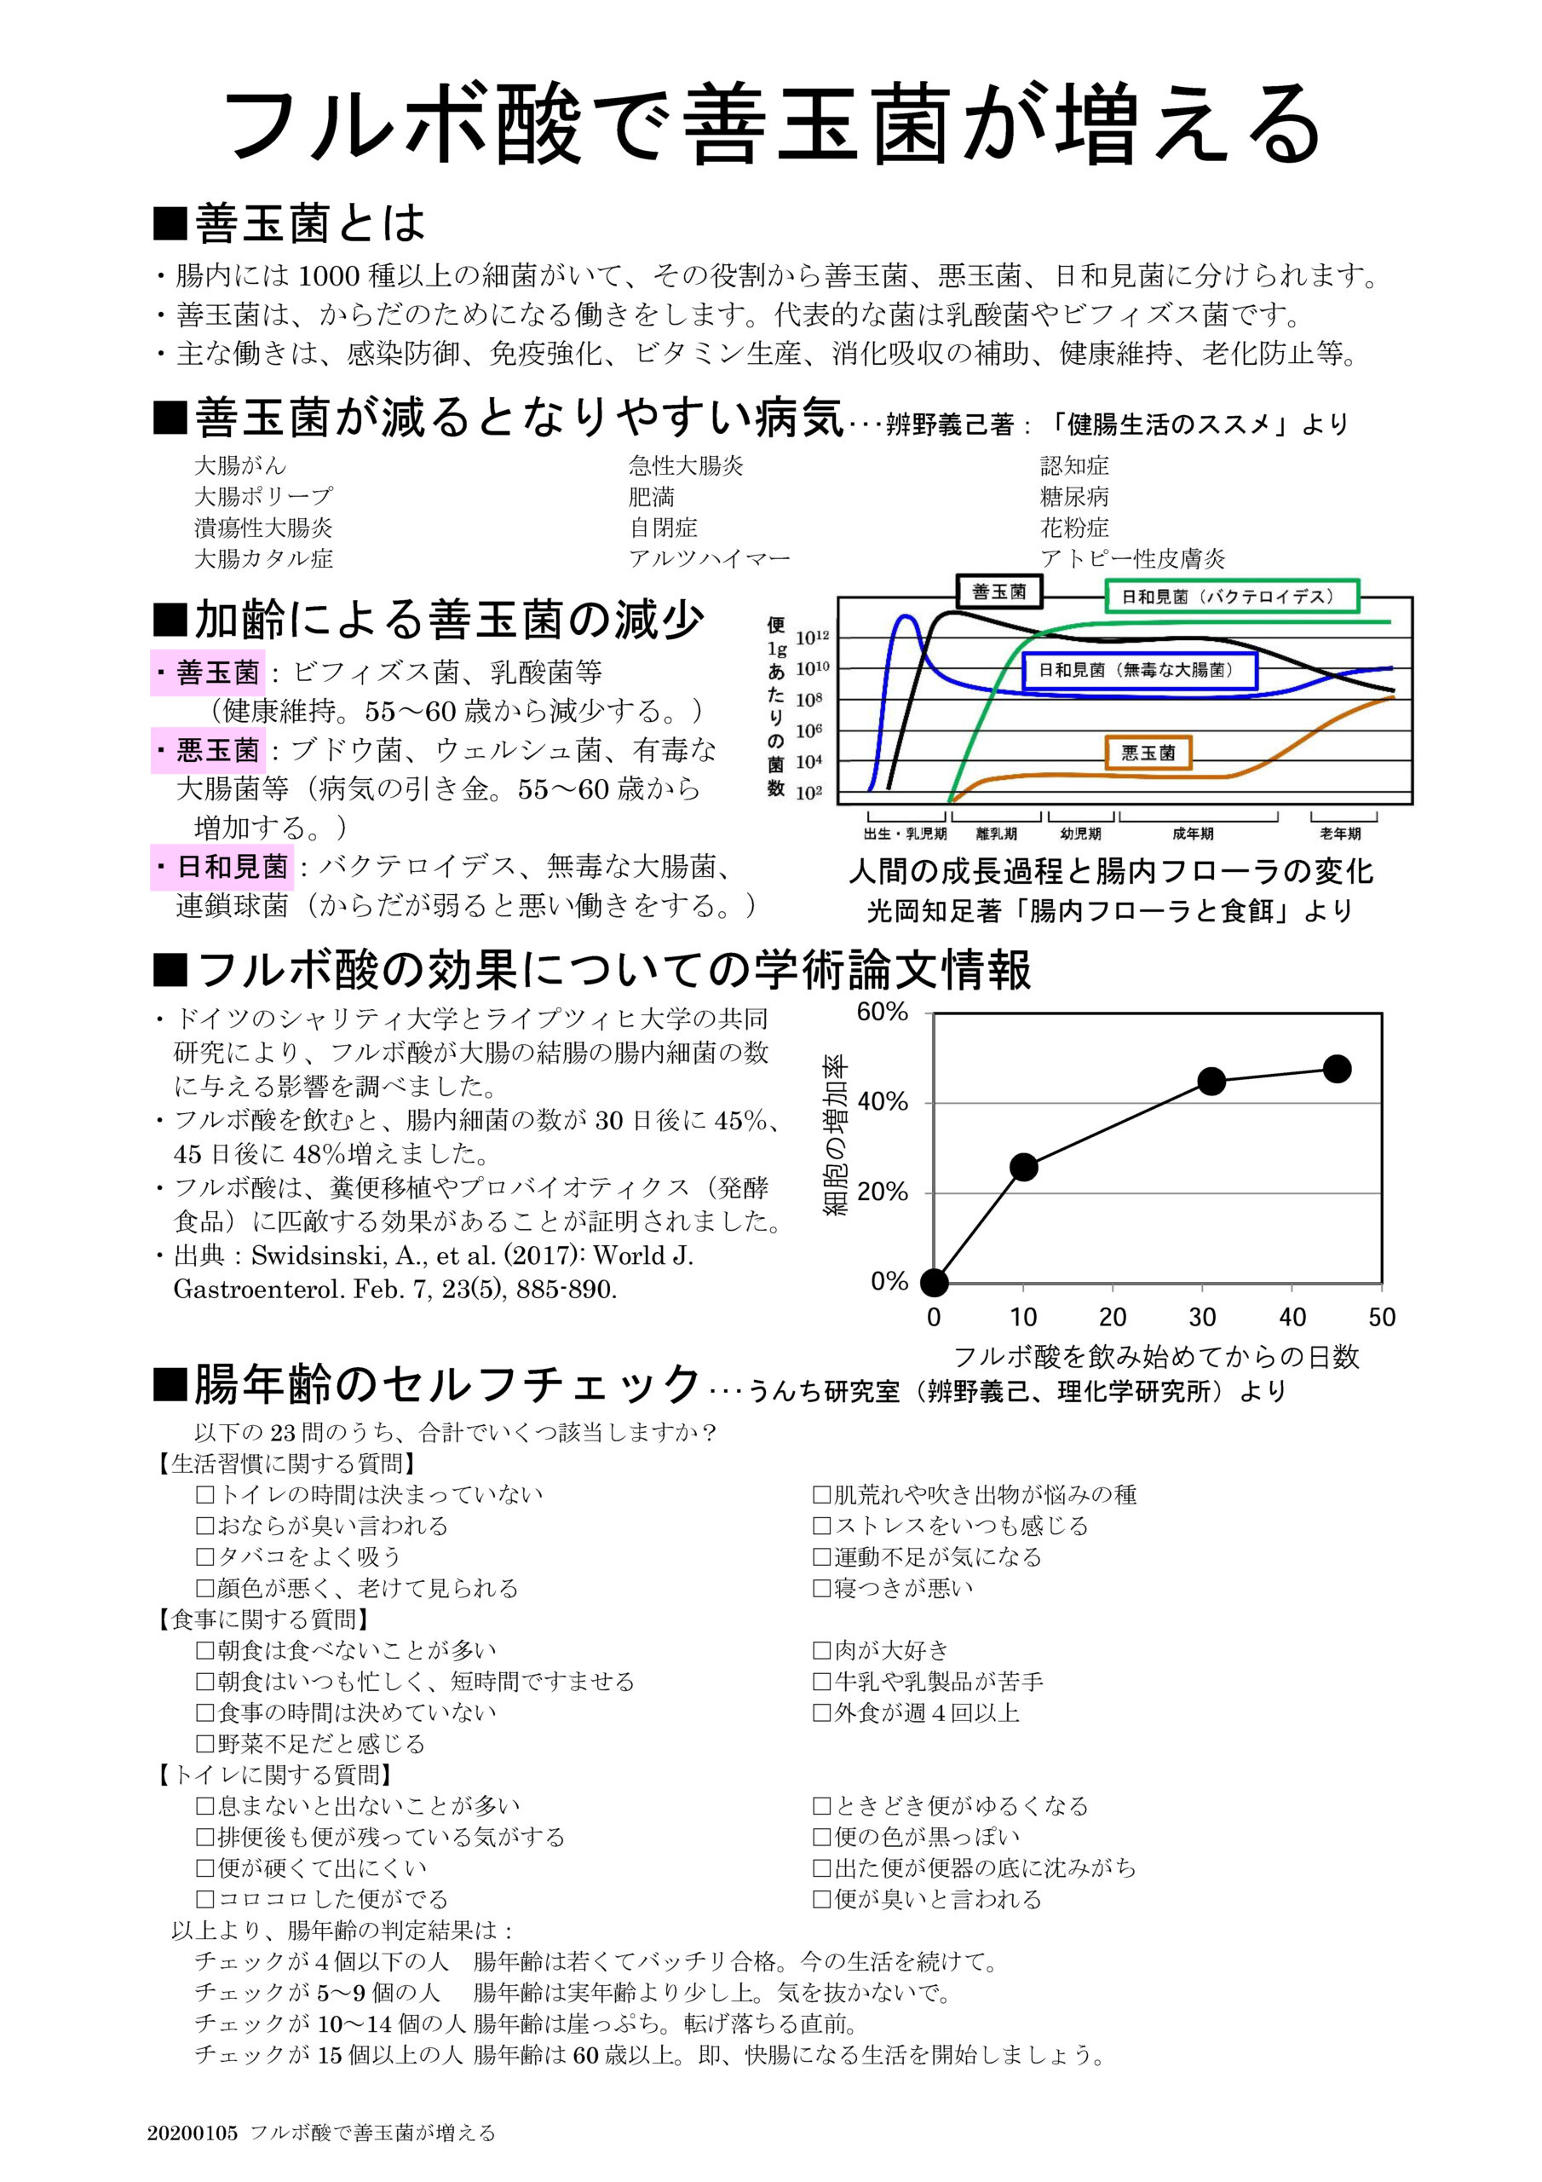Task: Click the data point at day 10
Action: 1023,1167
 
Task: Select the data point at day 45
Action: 1337,1068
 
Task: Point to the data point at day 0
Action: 934,1283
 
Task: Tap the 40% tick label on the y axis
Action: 883,1102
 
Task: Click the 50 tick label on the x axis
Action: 1382,1317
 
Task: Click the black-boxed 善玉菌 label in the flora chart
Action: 998,592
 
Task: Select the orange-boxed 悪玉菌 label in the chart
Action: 1148,753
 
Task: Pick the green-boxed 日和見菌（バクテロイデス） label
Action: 1232,597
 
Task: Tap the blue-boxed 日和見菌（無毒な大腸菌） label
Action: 1139,670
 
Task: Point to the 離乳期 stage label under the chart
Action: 996,834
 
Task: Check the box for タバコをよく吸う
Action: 205,1556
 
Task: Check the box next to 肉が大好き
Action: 822,1650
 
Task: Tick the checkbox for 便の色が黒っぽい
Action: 822,1837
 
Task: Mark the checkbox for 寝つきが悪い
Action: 822,1588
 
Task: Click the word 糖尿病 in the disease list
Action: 1073,497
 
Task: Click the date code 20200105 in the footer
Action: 192,2132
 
